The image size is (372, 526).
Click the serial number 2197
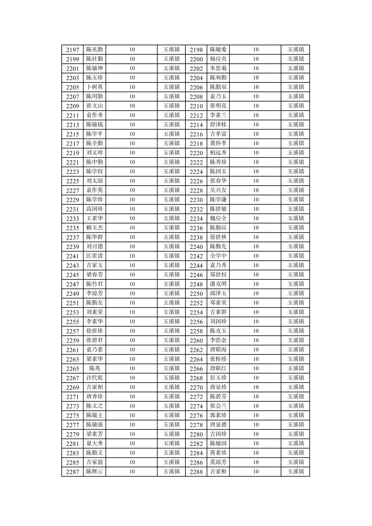click(72, 50)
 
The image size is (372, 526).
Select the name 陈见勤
click(94, 50)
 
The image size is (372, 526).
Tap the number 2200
click(196, 59)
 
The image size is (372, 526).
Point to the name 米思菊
click(218, 68)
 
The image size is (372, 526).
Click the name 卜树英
click(94, 87)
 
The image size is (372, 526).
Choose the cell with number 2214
click(196, 125)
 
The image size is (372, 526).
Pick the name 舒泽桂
click(218, 124)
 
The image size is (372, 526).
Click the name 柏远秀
click(218, 152)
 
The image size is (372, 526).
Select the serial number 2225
click(72, 181)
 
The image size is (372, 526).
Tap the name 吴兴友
click(218, 190)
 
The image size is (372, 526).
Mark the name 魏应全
click(218, 218)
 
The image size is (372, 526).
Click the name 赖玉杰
click(94, 228)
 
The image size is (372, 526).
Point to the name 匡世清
click(94, 256)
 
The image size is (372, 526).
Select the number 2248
click(196, 284)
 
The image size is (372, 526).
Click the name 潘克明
click(218, 284)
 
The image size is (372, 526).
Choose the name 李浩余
click(218, 340)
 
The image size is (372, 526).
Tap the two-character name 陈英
click(94, 368)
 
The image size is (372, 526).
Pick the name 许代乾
click(94, 377)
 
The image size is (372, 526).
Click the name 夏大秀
click(94, 443)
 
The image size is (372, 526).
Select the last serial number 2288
click(196, 472)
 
